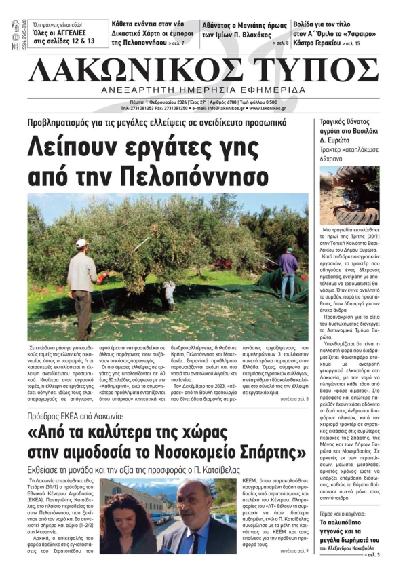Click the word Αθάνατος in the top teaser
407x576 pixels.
[222, 26]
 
